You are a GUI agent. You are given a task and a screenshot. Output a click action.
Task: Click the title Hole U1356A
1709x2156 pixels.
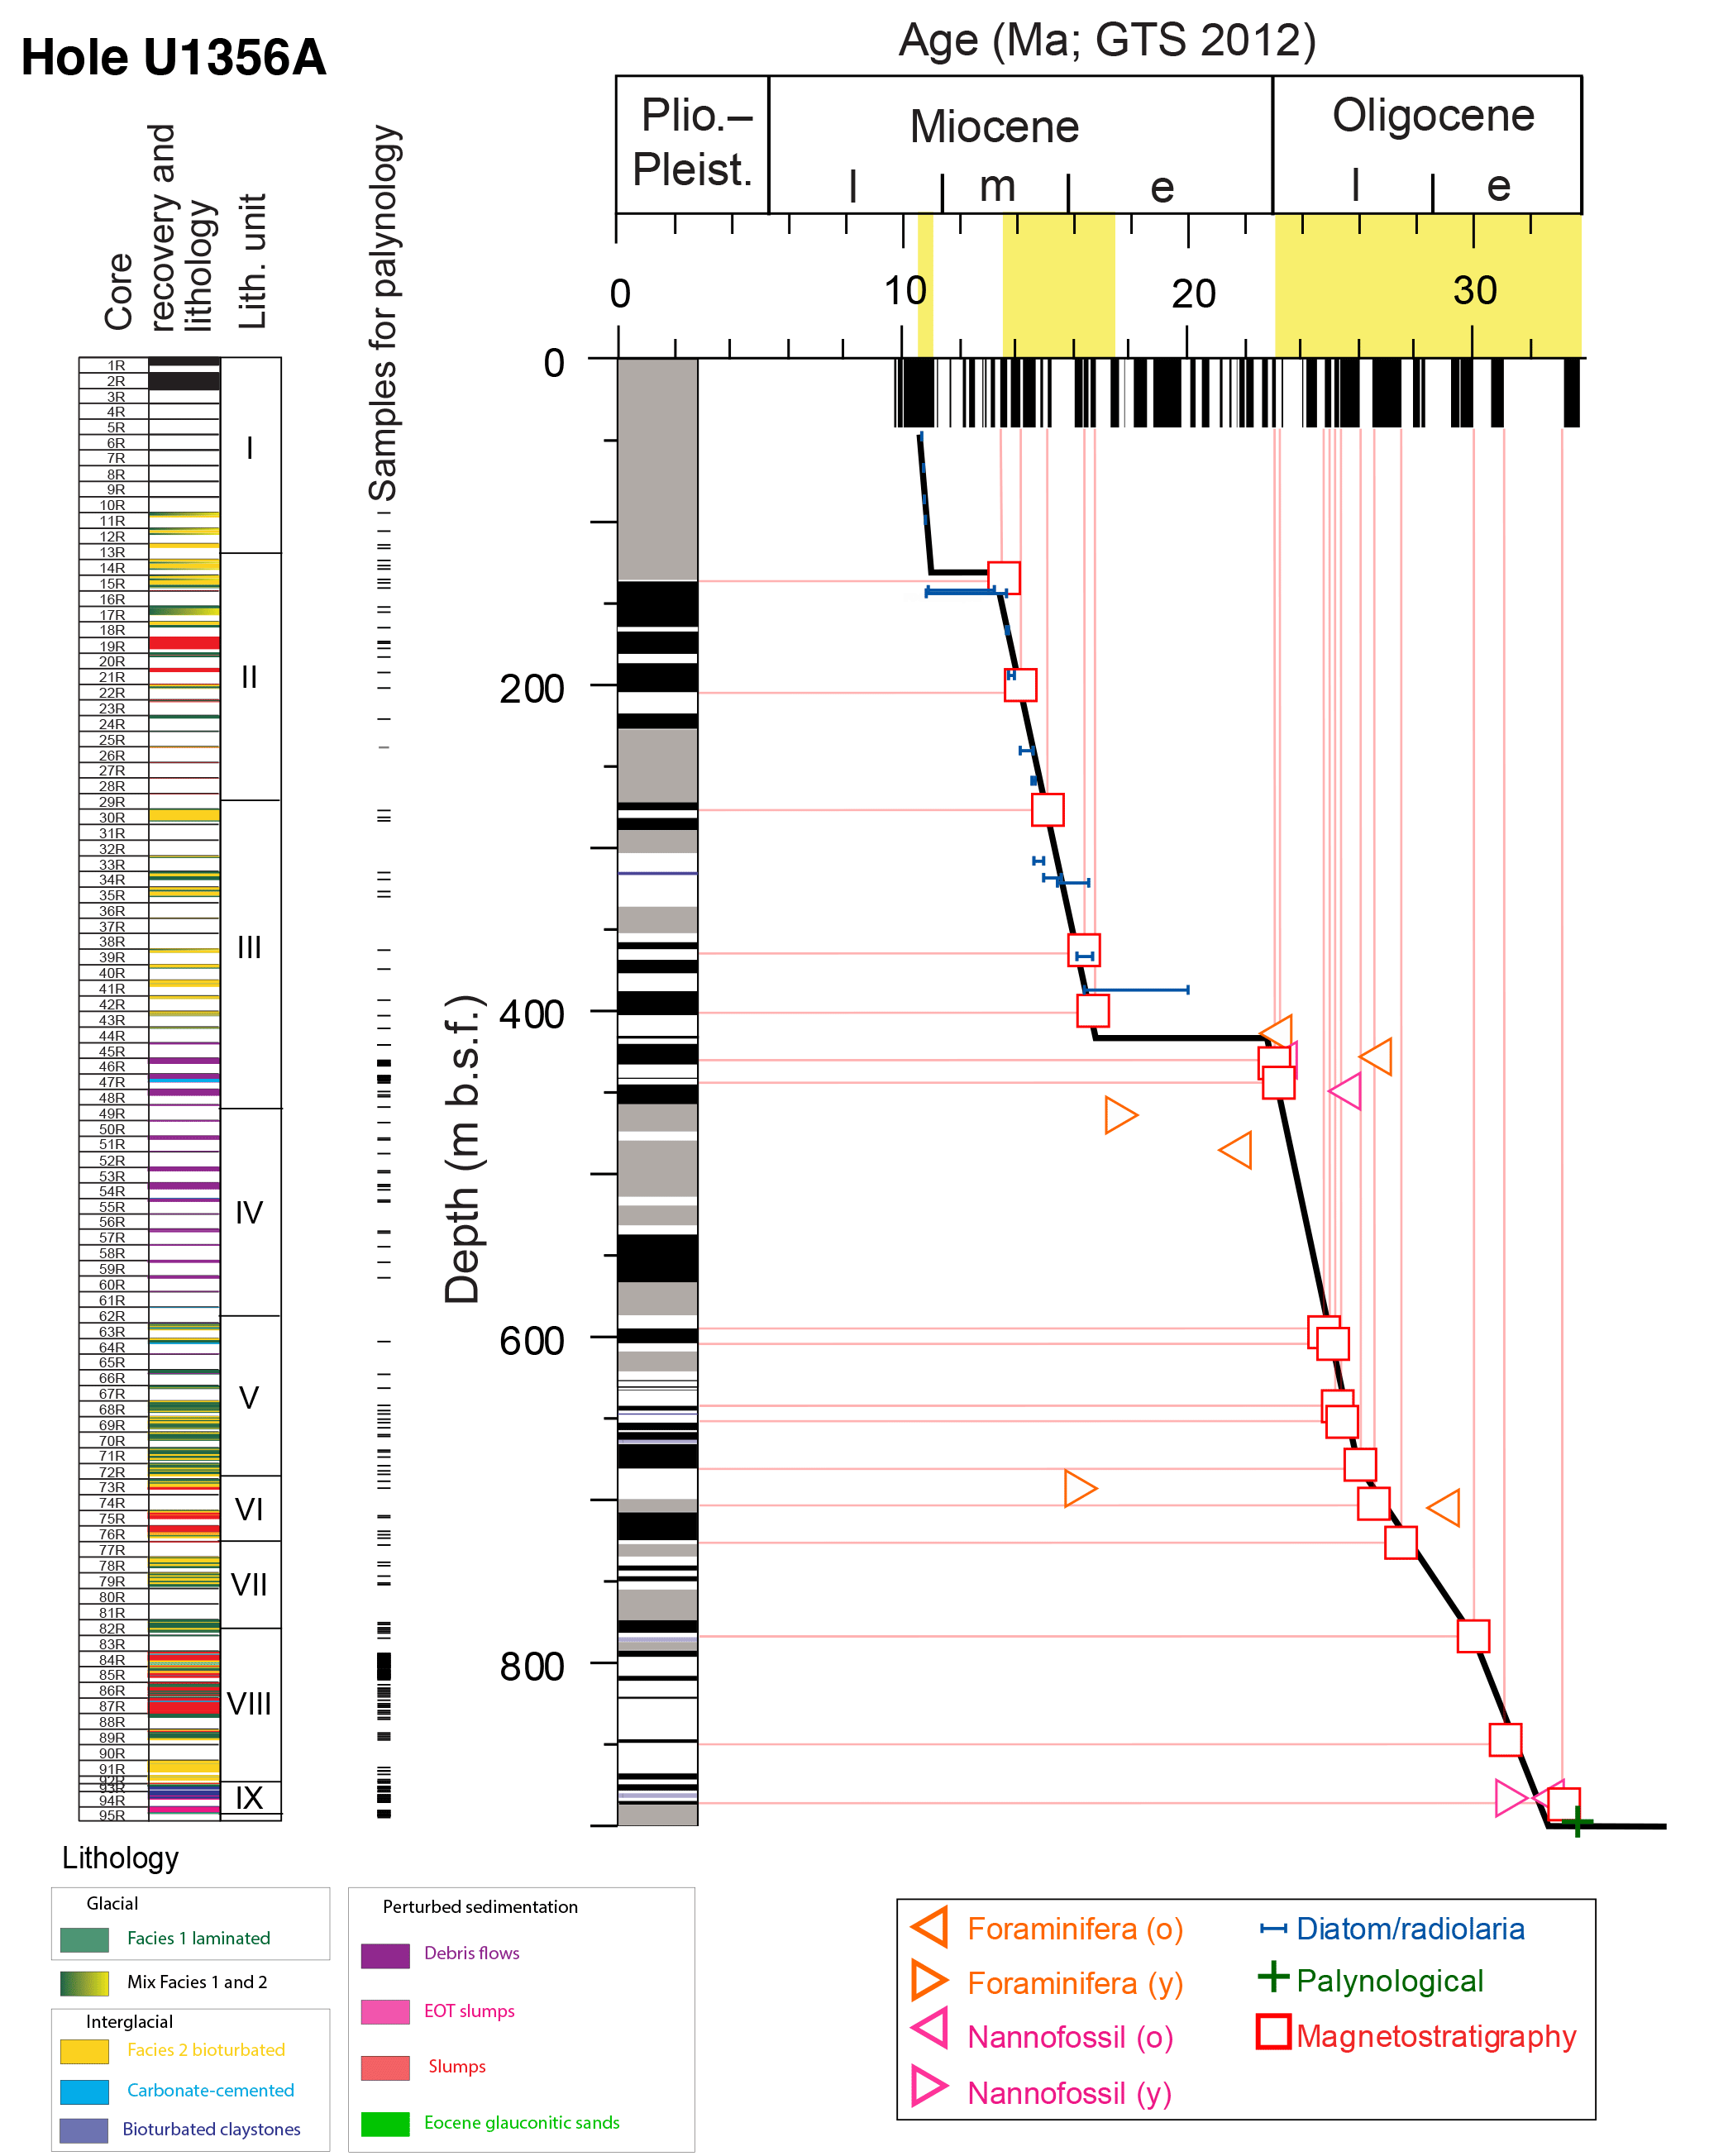point(173,57)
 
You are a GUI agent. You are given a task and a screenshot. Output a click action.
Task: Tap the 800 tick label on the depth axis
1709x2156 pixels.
point(531,1667)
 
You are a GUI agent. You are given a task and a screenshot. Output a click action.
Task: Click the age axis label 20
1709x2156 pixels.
point(1193,294)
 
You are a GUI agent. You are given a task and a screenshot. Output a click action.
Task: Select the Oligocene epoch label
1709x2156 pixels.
point(1432,116)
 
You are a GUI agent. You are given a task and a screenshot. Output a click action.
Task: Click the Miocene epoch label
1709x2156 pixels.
point(994,128)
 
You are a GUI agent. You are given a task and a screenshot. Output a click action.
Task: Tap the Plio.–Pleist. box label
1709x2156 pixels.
point(692,143)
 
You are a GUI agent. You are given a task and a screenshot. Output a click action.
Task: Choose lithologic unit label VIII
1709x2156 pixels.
point(249,1704)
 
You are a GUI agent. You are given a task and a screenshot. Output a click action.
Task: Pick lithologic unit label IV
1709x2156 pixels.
point(249,1213)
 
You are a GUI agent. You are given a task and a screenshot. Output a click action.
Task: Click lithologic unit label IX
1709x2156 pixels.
point(249,1798)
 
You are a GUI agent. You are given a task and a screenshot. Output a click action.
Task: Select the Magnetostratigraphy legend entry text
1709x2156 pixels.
point(1435,2036)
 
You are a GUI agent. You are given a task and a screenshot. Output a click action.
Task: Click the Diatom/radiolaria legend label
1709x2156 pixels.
point(1409,1929)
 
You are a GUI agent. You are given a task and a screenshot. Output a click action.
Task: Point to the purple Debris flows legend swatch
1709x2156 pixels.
point(385,1955)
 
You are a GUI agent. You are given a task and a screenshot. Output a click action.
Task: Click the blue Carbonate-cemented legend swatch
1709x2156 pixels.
point(84,2091)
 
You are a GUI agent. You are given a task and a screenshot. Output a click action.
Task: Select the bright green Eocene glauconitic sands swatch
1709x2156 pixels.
point(385,2123)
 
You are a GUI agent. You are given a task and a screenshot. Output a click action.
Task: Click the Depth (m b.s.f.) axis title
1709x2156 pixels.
point(462,1150)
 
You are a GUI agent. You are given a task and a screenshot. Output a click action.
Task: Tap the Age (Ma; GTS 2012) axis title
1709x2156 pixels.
point(1106,40)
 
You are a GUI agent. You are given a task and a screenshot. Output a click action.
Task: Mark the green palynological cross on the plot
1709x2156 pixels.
point(1576,1822)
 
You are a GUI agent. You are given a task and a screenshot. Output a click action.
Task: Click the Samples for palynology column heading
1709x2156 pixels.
point(384,312)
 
